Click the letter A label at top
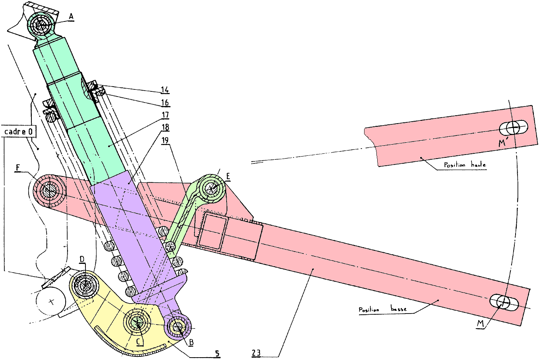pyautogui.click(x=71, y=17)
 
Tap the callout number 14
pyautogui.click(x=165, y=90)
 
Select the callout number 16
pyautogui.click(x=165, y=103)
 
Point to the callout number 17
pyautogui.click(x=165, y=115)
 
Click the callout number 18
pyautogui.click(x=165, y=128)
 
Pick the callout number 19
pyautogui.click(x=165, y=140)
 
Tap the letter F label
pyautogui.click(x=18, y=168)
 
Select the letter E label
pyautogui.click(x=228, y=176)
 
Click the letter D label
pyautogui.click(x=82, y=259)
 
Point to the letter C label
pyautogui.click(x=138, y=341)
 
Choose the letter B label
pyautogui.click(x=191, y=342)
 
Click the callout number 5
pyautogui.click(x=217, y=354)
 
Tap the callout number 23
pyautogui.click(x=256, y=353)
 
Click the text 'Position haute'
pyautogui.click(x=465, y=165)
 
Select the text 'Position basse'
pyautogui.click(x=383, y=309)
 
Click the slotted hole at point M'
pyautogui.click(x=514, y=128)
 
